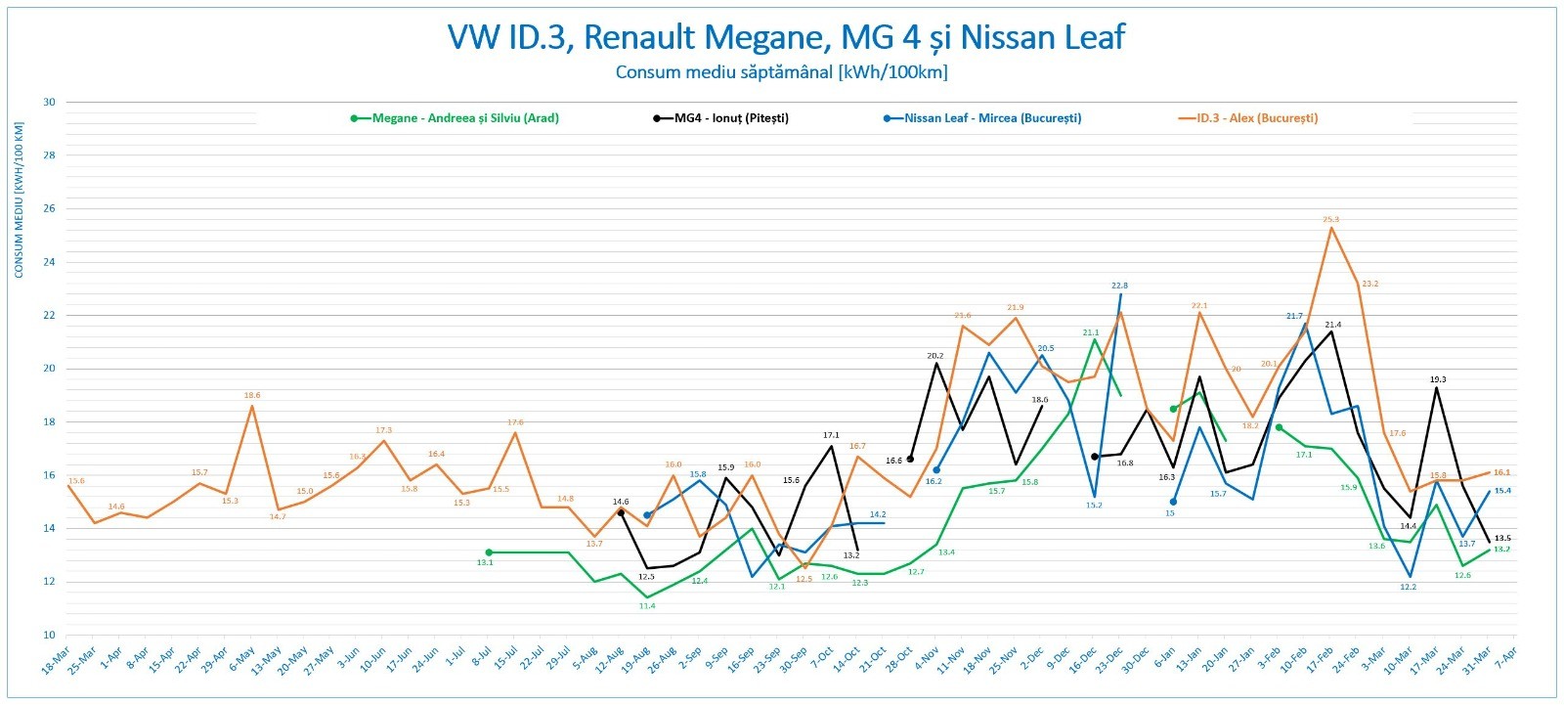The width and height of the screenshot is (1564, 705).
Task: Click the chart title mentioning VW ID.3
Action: tap(786, 37)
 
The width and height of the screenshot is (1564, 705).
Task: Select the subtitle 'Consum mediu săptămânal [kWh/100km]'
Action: tap(781, 71)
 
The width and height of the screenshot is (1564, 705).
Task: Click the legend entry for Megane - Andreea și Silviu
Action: tap(456, 118)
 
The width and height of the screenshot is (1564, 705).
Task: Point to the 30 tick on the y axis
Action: tap(49, 102)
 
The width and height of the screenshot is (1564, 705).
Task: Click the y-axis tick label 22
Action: tap(49, 316)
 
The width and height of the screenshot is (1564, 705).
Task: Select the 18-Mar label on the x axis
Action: tap(56, 662)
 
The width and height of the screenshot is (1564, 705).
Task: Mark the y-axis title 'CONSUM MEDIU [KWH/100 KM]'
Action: tap(19, 199)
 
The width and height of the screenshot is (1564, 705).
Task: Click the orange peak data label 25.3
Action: tap(1331, 219)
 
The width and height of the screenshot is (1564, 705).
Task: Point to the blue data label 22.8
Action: tap(1119, 286)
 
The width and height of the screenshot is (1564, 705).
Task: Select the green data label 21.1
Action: tap(1091, 332)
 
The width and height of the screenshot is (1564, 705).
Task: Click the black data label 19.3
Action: tap(1438, 379)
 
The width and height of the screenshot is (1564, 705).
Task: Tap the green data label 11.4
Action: tap(647, 606)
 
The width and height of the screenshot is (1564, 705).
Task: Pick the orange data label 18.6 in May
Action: tap(252, 395)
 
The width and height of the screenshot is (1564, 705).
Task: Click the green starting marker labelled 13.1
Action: tap(489, 552)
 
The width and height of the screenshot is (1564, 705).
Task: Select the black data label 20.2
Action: tap(934, 356)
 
